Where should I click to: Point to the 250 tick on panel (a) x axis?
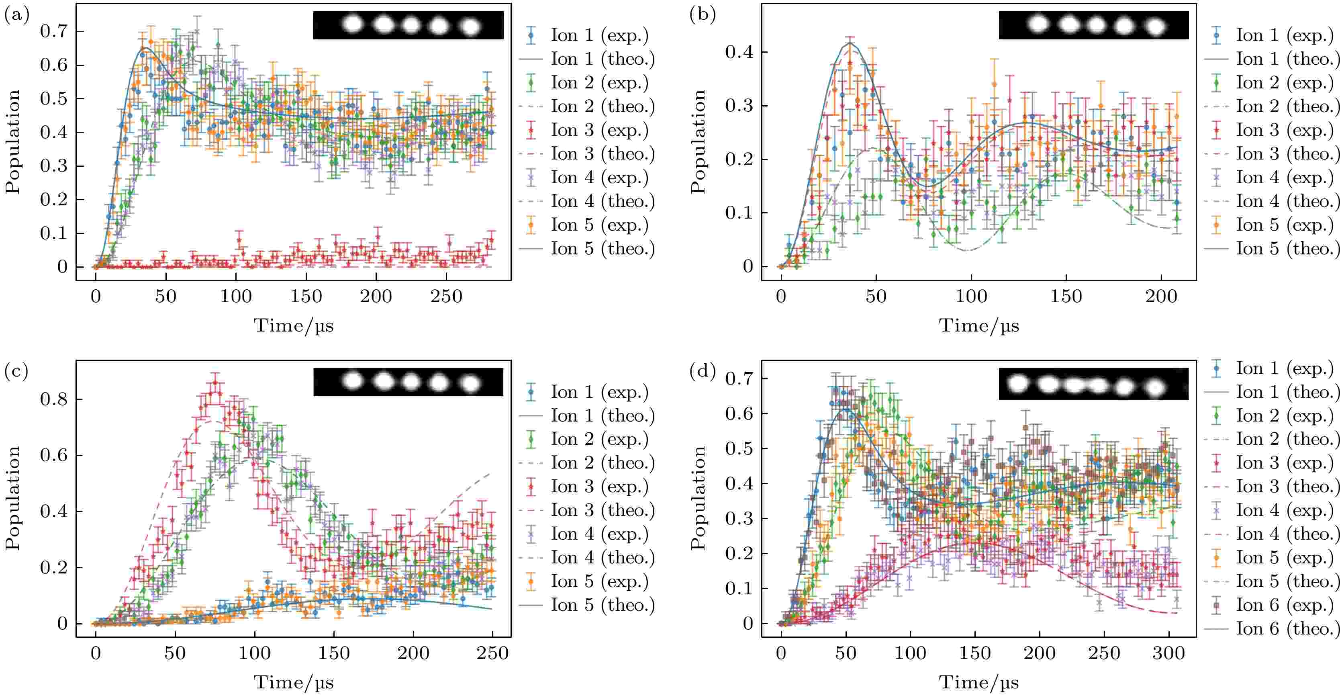click(446, 297)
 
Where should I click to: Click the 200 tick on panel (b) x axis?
click(1161, 297)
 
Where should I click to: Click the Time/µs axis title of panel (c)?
click(293, 682)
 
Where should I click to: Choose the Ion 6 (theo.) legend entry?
click(1288, 628)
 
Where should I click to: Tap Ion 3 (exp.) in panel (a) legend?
click(599, 130)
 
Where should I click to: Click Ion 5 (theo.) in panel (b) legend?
click(1288, 248)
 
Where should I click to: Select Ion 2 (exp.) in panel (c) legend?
click(599, 439)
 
